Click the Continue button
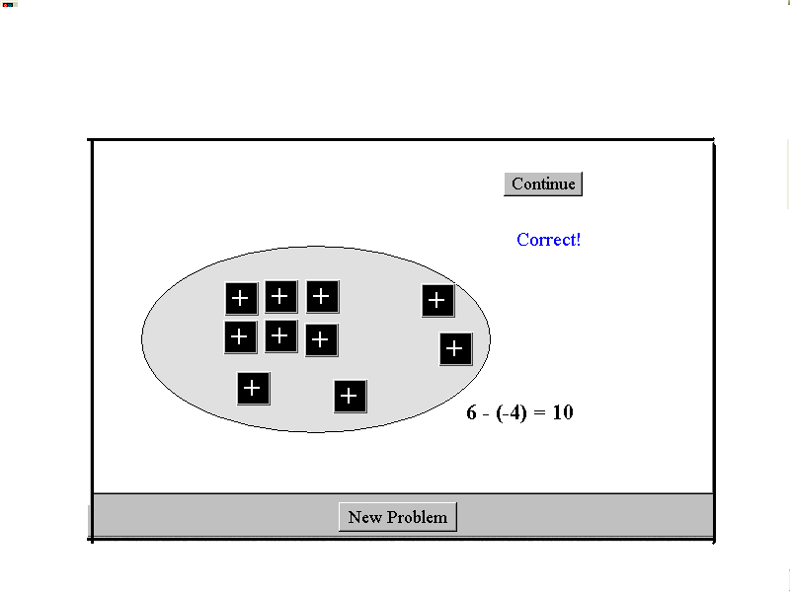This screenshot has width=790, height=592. click(543, 184)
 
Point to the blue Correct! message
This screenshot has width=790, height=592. click(549, 240)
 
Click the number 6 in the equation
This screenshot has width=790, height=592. click(471, 412)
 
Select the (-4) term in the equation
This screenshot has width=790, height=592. click(512, 412)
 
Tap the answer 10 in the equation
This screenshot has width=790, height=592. click(563, 412)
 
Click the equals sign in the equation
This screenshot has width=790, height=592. click(539, 413)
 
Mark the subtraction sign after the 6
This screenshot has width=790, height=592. click(486, 414)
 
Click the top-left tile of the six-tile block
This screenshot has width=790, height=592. click(241, 299)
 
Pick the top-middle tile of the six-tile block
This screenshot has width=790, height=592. click(281, 297)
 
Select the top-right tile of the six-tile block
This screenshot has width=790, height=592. click(323, 297)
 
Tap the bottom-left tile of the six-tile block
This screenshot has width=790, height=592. click(241, 337)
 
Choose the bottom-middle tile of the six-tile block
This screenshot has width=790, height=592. click(281, 336)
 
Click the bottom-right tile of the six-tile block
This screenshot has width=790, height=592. click(322, 340)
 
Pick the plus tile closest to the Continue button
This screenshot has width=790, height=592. click(437, 301)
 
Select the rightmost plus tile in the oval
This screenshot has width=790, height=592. click(456, 349)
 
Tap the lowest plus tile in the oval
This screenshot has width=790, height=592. click(351, 397)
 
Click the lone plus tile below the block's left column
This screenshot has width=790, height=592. click(254, 389)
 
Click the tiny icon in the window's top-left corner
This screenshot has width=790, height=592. click(10, 5)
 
